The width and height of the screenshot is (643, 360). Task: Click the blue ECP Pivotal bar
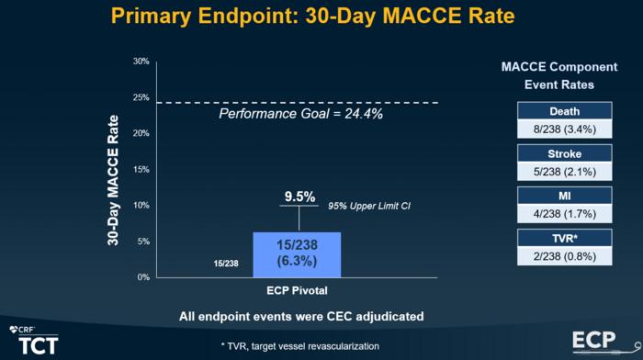297,254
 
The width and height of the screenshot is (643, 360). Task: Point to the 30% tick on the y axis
141,62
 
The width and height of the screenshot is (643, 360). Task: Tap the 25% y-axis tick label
141,97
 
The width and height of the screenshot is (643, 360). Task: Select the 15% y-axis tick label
141,169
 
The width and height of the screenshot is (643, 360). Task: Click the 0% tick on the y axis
143,277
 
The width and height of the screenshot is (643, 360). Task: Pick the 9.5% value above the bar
299,197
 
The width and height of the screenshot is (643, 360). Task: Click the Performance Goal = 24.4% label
300,115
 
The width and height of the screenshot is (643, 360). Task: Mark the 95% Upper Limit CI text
368,206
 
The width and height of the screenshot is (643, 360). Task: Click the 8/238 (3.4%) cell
563,129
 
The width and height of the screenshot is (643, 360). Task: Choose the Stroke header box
563,153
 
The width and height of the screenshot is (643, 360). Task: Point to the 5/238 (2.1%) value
563,171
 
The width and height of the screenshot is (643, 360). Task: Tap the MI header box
563,196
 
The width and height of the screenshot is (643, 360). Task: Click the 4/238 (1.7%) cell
563,213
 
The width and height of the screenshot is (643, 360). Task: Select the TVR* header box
563,239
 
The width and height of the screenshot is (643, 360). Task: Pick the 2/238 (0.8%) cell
563,256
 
